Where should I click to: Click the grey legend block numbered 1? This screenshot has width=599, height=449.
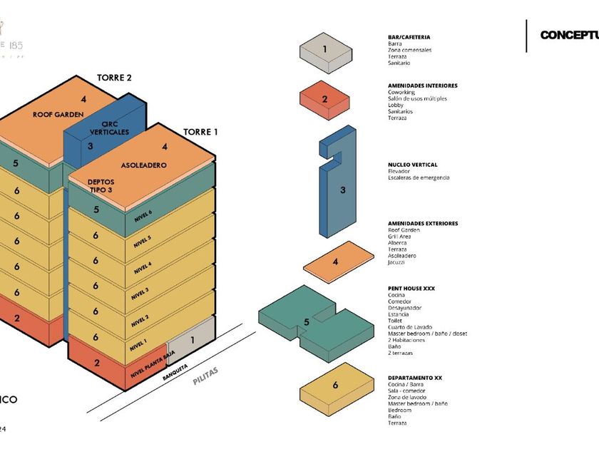pos(325,53)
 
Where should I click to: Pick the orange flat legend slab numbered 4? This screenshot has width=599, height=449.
pos(338,262)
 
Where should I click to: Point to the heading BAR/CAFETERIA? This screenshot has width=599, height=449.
pos(409,37)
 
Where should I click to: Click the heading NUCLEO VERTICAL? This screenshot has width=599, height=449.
pos(412,165)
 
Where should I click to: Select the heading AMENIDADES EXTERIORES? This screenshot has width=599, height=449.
pos(423,223)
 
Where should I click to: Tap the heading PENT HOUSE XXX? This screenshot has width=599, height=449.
pos(411,289)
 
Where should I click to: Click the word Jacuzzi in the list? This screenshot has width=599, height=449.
pos(397,262)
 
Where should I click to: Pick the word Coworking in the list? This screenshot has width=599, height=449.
pos(401,92)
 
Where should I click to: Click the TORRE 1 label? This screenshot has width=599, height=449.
pos(200,132)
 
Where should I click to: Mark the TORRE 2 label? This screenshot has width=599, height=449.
pos(114,78)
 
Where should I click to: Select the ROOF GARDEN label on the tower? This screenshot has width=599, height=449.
pos(58,114)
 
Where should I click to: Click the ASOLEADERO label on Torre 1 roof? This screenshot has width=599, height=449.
pos(143,165)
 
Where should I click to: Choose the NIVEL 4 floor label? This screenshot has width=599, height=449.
pos(143,267)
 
